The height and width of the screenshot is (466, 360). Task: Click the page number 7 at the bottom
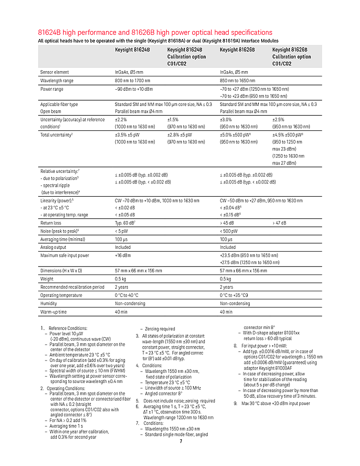coord(180,441)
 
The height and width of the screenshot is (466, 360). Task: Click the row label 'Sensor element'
coord(54,72)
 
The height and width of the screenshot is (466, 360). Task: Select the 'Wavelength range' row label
coord(57,81)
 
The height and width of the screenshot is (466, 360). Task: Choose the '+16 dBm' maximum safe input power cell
coord(123,255)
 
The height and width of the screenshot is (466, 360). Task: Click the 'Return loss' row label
coord(51,223)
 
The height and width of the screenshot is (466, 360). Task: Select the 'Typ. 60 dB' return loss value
coord(128,223)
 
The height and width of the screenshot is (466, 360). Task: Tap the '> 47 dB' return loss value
coord(280,223)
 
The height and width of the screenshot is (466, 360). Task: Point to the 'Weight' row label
coord(47,279)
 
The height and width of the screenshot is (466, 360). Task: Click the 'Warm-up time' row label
coord(53,312)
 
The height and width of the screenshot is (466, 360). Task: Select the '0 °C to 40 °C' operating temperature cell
coord(127,295)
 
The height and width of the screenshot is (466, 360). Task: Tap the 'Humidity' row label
coord(49,303)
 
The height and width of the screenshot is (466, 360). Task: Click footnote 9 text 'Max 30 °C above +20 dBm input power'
coord(275,403)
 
